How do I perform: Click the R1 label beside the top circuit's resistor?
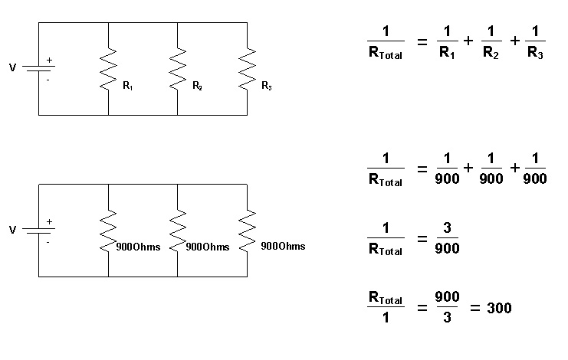(x=128, y=86)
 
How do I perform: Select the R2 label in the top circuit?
(x=198, y=86)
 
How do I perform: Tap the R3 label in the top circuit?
(x=267, y=86)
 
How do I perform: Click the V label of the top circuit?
(x=12, y=67)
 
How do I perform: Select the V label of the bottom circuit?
(x=12, y=229)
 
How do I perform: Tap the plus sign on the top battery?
(x=50, y=60)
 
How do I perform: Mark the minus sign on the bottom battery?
(x=48, y=241)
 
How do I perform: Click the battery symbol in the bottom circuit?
(x=38, y=230)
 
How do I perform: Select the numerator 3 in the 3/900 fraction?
(x=448, y=231)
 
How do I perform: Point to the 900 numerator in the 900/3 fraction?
(x=448, y=297)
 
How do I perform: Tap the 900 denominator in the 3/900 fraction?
(x=448, y=250)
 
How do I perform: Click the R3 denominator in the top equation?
(x=535, y=54)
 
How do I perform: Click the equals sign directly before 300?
(x=474, y=309)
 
